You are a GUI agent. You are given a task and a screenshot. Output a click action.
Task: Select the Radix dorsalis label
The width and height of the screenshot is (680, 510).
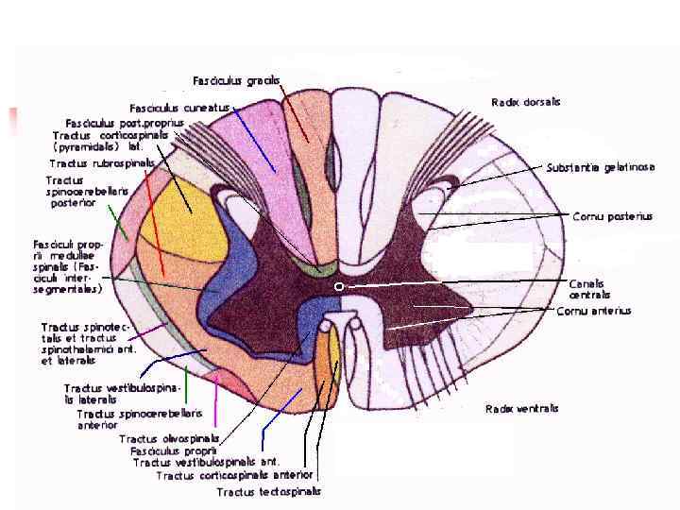click(x=526, y=101)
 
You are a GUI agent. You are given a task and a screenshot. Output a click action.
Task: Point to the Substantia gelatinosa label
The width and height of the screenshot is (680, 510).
click(x=601, y=167)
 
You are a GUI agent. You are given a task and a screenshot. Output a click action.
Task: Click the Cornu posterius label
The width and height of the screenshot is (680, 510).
click(x=612, y=216)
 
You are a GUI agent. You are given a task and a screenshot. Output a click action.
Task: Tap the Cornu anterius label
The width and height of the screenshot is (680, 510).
click(x=593, y=311)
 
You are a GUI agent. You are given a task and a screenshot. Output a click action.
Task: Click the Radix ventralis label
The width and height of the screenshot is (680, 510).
click(x=521, y=409)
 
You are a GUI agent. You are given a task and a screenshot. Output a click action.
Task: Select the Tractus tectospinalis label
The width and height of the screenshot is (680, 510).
click(x=268, y=492)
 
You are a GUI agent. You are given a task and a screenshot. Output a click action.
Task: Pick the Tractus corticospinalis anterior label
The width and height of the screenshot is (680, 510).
click(x=234, y=475)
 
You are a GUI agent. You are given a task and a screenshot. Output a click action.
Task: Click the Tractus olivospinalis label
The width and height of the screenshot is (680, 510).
click(x=169, y=438)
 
